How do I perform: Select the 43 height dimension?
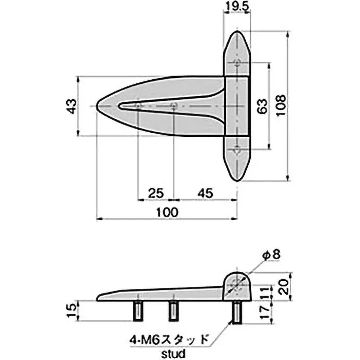tap(70, 106)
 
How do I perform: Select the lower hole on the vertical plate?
tap(238, 150)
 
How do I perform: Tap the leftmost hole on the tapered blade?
tap(138, 106)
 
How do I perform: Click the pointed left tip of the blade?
tap(99, 106)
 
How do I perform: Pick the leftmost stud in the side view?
tap(138, 310)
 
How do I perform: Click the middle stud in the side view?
tap(173, 310)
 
